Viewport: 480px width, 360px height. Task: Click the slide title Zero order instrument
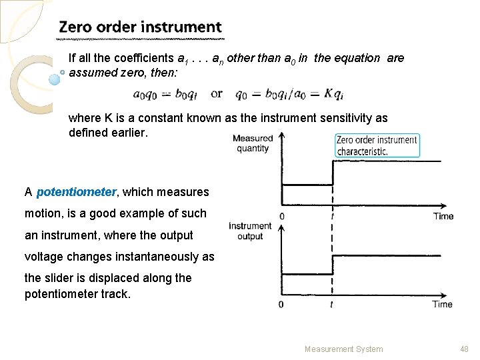click(x=140, y=27)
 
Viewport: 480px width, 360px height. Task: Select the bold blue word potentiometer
click(x=76, y=192)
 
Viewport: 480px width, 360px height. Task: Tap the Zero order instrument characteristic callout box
click(x=377, y=145)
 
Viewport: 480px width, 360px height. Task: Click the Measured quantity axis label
click(x=253, y=143)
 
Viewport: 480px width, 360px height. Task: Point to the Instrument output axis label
click(x=250, y=231)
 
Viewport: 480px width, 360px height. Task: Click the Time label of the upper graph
click(x=443, y=216)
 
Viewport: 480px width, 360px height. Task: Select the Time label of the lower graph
click(x=442, y=304)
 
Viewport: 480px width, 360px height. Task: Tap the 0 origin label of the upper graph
click(x=282, y=217)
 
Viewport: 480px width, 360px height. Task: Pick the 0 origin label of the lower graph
click(x=281, y=305)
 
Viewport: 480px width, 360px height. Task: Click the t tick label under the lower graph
click(x=331, y=305)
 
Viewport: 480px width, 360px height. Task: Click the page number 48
click(x=465, y=349)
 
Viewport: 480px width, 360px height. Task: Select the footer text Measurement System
click(x=344, y=349)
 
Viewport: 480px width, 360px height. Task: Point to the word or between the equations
click(x=217, y=93)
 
